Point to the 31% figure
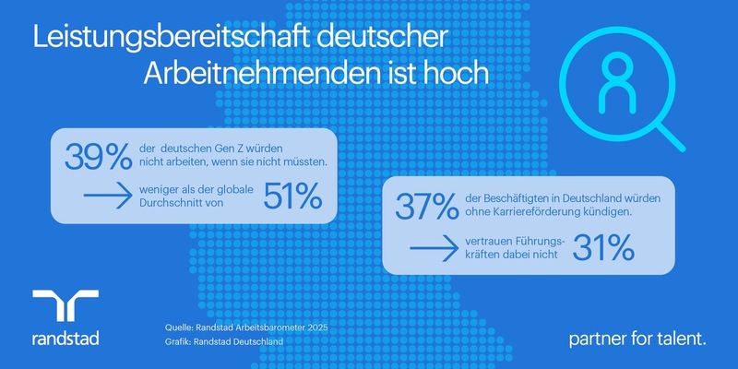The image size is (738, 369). pos(603,248)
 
